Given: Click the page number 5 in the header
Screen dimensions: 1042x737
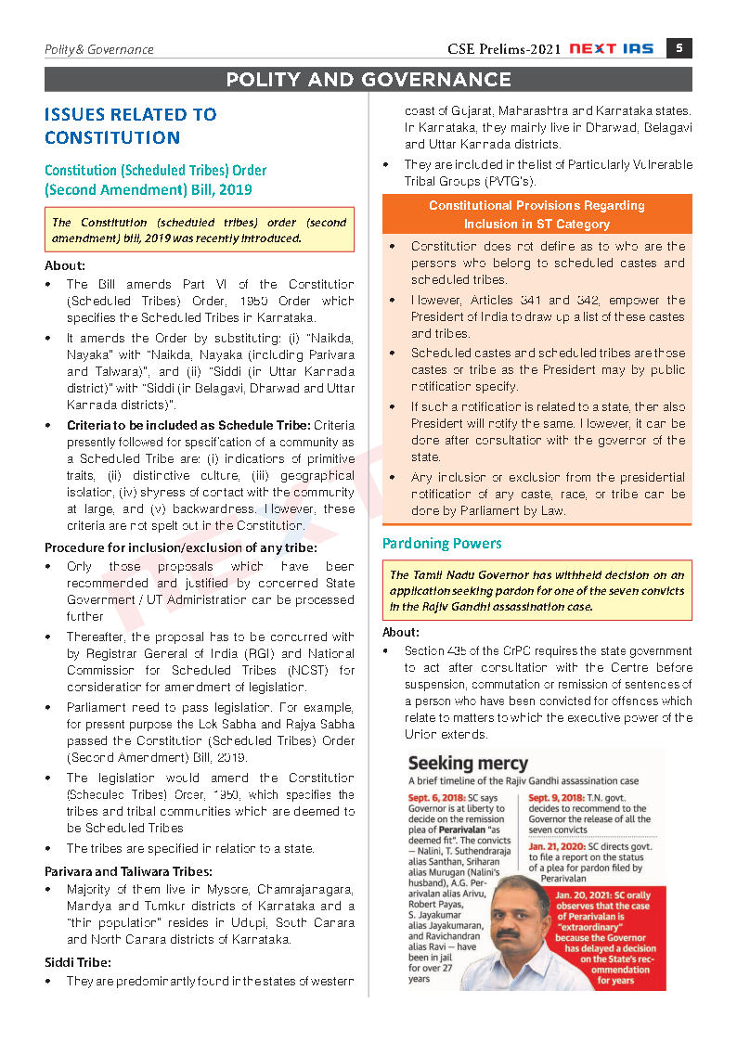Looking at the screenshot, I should point(679,48).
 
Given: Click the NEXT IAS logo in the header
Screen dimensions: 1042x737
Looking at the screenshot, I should point(614,49).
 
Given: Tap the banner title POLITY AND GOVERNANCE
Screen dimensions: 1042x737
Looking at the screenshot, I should point(368,80).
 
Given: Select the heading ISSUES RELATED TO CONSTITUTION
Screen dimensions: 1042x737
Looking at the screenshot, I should point(131,126).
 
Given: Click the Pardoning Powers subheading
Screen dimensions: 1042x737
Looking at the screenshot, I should point(442,544).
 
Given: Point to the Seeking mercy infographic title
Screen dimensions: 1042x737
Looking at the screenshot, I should point(468,764).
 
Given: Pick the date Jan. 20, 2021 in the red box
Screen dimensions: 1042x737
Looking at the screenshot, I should point(593,894).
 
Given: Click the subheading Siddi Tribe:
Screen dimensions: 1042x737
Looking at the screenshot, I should point(78,963).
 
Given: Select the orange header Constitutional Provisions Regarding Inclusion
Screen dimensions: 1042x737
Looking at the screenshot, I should point(537,214).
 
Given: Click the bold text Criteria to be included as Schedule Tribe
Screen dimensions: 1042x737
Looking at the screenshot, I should point(188,425).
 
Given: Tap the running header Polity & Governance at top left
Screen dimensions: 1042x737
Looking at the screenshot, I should point(98,49).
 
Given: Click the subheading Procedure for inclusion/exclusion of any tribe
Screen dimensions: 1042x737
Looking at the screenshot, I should point(180,547).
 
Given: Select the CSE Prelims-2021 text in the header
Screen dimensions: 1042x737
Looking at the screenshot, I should point(503,49).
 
